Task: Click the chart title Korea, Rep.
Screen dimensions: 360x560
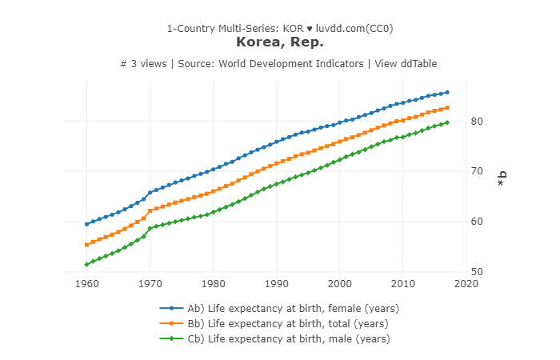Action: click(x=279, y=42)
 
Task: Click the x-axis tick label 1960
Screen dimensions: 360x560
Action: click(x=86, y=283)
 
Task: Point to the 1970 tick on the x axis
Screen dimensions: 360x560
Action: click(x=150, y=283)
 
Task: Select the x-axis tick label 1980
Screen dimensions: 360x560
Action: click(x=213, y=283)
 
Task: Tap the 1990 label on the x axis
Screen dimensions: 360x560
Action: click(x=276, y=283)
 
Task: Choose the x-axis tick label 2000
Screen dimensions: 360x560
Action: click(x=340, y=283)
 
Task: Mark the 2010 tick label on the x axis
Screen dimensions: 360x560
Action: click(x=403, y=283)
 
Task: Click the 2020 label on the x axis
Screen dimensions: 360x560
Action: click(x=466, y=283)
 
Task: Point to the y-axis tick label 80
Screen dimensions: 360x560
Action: click(x=478, y=121)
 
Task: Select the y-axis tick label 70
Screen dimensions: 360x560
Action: click(x=478, y=171)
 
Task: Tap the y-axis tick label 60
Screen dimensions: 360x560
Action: click(x=478, y=222)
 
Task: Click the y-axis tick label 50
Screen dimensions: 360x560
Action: click(x=478, y=272)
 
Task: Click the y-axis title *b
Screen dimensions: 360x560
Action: click(x=502, y=180)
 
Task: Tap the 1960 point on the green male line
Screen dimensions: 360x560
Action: click(x=86, y=264)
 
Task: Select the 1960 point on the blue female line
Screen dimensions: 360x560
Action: click(x=86, y=224)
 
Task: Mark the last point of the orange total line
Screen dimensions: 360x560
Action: click(x=447, y=107)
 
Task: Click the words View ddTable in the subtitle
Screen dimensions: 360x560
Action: click(x=405, y=64)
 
